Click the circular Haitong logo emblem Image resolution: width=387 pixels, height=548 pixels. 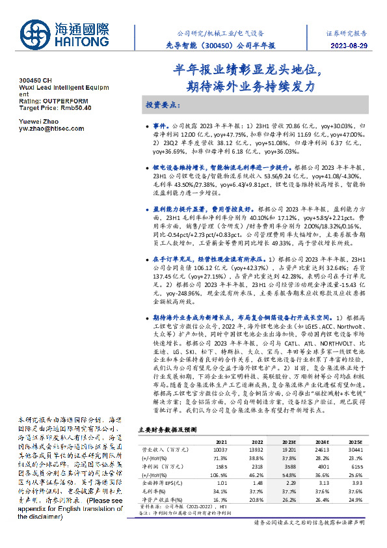pos(31,31)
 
